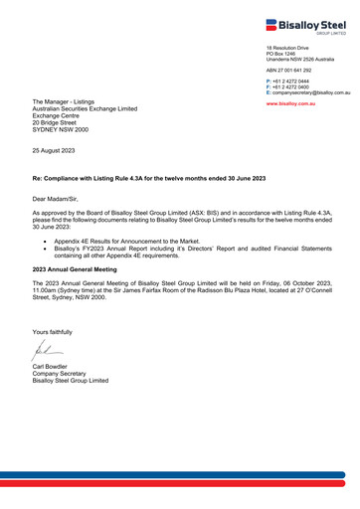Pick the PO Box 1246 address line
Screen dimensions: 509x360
pyautogui.click(x=281, y=53)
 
